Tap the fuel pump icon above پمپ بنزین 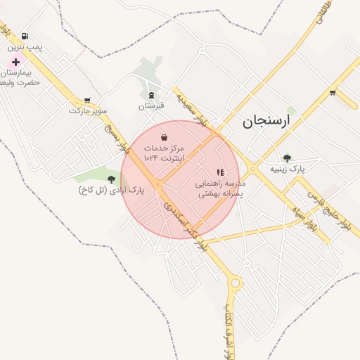point(25,36)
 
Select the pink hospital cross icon point(15,62)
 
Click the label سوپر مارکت point(88,111)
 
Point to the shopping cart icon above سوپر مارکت point(87,100)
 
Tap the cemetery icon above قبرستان point(151,94)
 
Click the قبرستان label point(151,105)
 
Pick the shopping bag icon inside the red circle point(164,137)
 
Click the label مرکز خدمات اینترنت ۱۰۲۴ point(164,154)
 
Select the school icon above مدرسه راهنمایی point(220,172)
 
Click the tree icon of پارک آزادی point(111,179)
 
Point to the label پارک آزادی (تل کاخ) point(107,191)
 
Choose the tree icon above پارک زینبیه point(287,158)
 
